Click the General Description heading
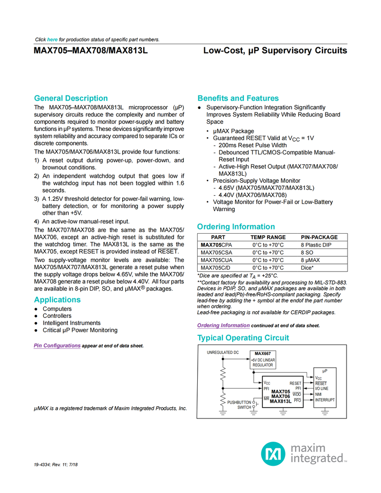click(71, 98)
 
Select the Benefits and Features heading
click(238, 98)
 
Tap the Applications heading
click(57, 299)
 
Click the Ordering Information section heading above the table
click(236, 226)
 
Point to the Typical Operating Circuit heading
click(243, 337)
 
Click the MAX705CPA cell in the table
click(216, 245)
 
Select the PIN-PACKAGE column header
click(319, 237)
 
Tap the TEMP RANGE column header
click(268, 237)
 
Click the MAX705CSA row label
click(216, 253)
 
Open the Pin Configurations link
click(57, 346)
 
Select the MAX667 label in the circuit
click(263, 353)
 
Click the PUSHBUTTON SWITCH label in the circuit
click(239, 405)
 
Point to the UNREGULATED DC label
click(223, 353)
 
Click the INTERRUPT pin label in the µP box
click(325, 400)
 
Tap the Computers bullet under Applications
click(57, 309)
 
